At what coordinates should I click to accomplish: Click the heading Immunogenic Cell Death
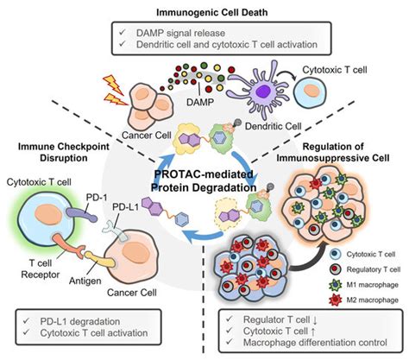tap(212, 12)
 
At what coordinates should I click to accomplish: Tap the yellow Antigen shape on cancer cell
tap(98, 260)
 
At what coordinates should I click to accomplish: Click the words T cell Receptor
tap(41, 268)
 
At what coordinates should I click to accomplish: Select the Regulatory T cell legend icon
tap(335, 269)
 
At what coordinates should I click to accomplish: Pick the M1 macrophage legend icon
tap(335, 285)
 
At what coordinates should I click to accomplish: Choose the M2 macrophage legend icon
tap(335, 300)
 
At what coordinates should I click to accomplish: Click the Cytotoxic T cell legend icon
tap(335, 254)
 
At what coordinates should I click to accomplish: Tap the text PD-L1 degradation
tap(80, 321)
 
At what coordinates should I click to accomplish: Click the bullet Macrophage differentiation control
tap(315, 343)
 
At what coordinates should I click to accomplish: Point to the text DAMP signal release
tap(180, 33)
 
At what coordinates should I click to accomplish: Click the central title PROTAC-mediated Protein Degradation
tap(204, 180)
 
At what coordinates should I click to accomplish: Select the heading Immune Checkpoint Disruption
tap(64, 152)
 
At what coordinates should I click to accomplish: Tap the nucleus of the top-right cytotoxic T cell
tap(310, 89)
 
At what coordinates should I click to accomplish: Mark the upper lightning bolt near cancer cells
tap(114, 84)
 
